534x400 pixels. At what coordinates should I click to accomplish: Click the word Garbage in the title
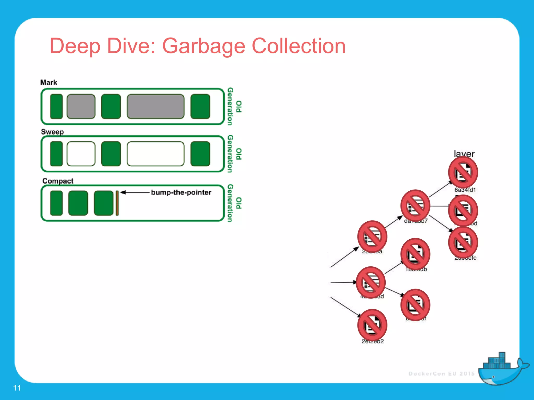tap(203, 46)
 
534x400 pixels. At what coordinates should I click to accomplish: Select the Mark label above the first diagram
tap(48, 83)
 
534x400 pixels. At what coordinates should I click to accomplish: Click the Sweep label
tap(52, 132)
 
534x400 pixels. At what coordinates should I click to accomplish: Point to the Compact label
tap(58, 181)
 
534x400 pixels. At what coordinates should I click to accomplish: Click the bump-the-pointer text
tap(181, 192)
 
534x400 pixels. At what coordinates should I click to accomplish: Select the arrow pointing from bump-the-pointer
tap(135, 192)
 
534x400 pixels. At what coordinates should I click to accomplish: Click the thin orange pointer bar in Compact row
tap(117, 203)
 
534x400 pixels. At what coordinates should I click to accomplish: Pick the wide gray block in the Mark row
tap(155, 107)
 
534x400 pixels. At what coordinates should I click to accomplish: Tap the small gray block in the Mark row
tap(81, 107)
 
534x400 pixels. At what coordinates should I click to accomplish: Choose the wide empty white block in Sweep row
tap(155, 154)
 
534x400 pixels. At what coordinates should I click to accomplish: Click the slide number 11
tap(17, 388)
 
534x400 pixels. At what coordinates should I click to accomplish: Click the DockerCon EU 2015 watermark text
tap(441, 374)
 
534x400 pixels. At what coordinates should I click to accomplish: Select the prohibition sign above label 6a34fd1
tap(463, 172)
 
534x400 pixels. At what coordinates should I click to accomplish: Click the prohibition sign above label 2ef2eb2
tap(372, 325)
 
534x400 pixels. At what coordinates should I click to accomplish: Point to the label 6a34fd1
tap(465, 190)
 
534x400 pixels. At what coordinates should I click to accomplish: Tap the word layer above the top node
tap(464, 154)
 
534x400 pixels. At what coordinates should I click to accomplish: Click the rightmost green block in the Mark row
tap(200, 107)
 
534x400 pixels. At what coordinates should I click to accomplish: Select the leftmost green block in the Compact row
tap(56, 203)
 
